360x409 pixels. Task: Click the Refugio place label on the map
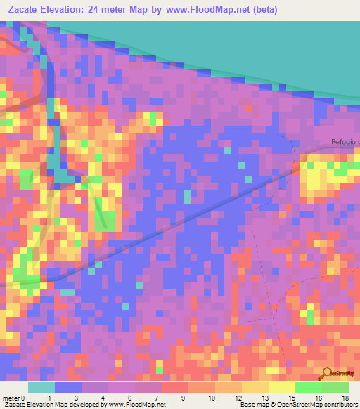345,143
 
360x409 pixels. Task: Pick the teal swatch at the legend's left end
41,387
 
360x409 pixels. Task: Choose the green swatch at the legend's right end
335,387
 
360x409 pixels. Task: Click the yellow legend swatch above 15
281,387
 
